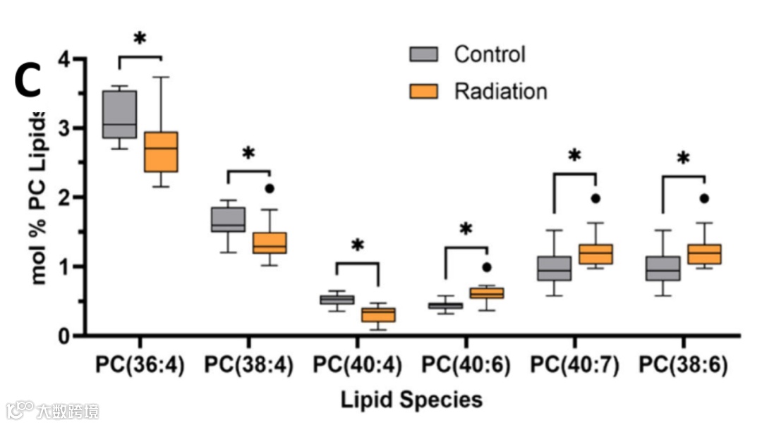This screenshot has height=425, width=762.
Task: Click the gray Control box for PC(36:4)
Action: click(119, 113)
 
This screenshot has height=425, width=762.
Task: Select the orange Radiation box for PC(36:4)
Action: click(162, 151)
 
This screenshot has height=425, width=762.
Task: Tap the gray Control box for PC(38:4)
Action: click(228, 219)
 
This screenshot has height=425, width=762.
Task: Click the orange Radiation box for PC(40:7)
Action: click(595, 254)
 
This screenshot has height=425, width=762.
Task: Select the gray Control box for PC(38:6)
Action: click(663, 269)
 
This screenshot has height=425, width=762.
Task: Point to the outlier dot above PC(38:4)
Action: click(269, 189)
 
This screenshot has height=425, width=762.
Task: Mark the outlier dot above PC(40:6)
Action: click(486, 267)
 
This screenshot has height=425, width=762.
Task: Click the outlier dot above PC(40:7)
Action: click(595, 199)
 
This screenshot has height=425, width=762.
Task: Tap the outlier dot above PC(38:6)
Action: click(703, 199)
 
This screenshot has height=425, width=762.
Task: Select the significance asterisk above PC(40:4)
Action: click(357, 246)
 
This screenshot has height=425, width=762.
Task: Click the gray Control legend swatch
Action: click(423, 54)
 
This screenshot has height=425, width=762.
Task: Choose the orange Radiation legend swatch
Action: click(423, 91)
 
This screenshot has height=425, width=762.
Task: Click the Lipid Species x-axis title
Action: click(412, 400)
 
